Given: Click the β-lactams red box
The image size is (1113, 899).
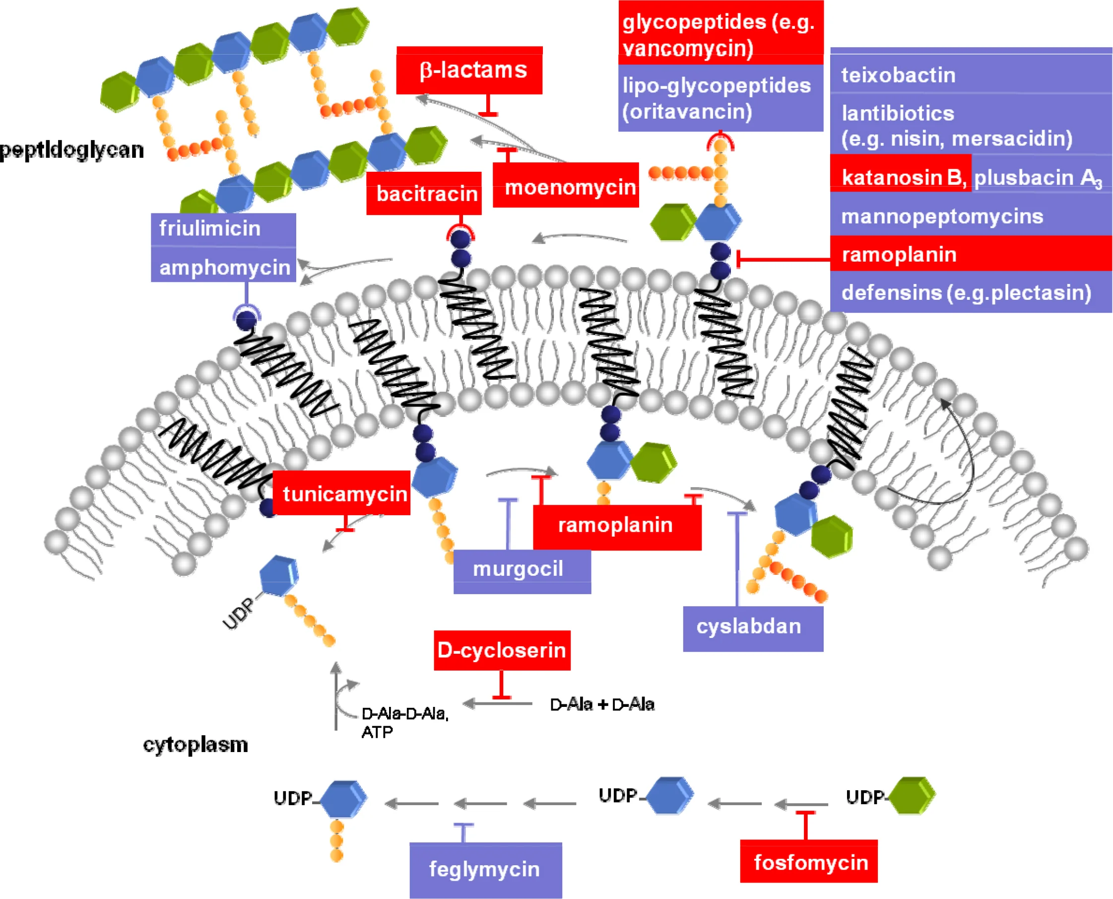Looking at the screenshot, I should click(x=469, y=70).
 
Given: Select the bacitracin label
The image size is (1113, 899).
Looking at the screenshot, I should click(x=424, y=193).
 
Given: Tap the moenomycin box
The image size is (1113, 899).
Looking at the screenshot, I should click(x=566, y=186).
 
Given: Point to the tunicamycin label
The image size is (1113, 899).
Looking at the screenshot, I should click(x=342, y=493).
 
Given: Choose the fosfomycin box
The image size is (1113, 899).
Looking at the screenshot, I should click(x=809, y=862).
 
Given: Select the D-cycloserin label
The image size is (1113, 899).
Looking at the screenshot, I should click(x=502, y=650).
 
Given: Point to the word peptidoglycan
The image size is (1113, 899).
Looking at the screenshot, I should click(x=72, y=150).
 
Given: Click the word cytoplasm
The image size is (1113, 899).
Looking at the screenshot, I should click(x=196, y=745).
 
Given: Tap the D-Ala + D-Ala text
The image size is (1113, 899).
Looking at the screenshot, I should click(x=602, y=704).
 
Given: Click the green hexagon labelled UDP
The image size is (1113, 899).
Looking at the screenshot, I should click(x=912, y=795).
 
